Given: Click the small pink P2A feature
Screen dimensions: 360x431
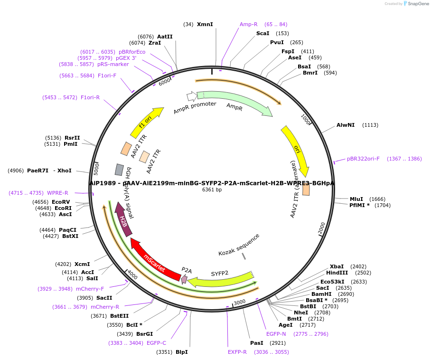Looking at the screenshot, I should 184,279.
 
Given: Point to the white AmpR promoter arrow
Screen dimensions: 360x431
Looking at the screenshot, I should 191,96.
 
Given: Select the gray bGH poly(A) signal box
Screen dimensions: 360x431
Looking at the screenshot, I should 120,170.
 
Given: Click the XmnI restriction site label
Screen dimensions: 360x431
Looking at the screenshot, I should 205,24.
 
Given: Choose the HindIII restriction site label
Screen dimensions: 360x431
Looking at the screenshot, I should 337,273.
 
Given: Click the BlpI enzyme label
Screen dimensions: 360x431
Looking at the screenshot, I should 182,352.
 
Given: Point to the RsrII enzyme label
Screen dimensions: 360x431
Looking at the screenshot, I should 72,138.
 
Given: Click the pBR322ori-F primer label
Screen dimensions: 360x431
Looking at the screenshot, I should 363,159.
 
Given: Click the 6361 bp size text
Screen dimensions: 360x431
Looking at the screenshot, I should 212,189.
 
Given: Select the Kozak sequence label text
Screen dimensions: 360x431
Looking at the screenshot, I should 239,244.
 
